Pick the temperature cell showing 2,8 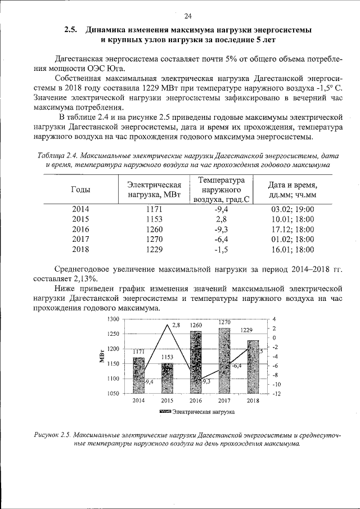pos(220,219)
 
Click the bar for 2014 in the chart pos(139,376)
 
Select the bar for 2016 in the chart pos(196,363)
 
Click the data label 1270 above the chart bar pos(224,322)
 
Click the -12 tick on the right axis pos(277,394)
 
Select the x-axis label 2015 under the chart pos(167,400)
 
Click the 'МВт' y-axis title pos(102,357)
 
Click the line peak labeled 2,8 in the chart pos(168,325)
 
